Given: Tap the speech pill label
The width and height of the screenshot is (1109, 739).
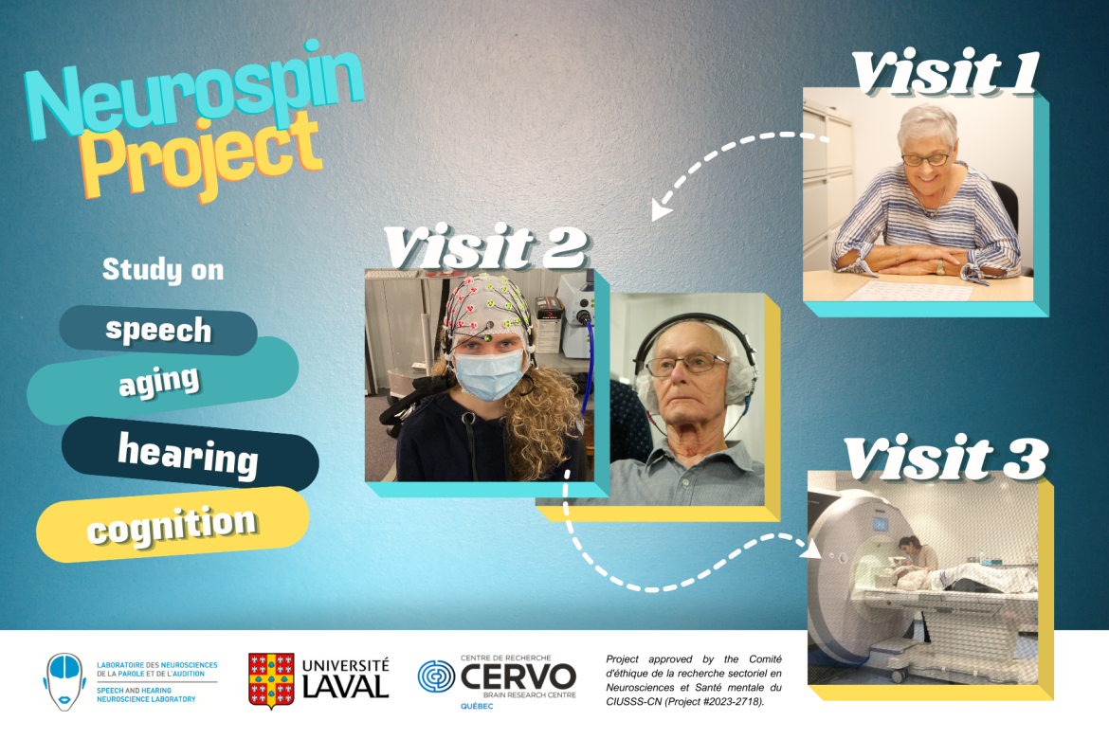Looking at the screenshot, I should [158, 330].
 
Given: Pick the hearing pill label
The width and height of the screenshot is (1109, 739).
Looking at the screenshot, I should [188, 455].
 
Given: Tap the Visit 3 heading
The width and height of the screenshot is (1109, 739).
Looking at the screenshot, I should [946, 460].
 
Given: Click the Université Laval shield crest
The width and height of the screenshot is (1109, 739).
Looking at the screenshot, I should [270, 680].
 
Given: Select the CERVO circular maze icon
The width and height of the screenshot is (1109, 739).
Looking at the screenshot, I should [437, 680].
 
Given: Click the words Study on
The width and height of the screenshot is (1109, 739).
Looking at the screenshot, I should [163, 271].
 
